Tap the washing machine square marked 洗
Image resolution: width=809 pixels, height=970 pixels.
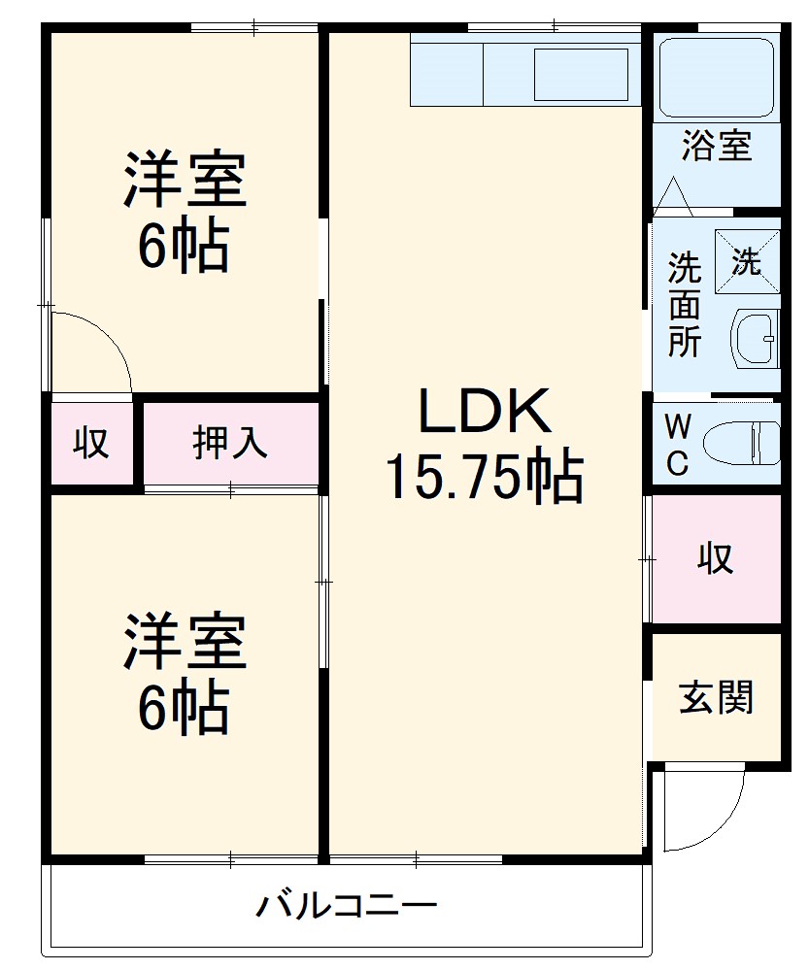coord(747,260)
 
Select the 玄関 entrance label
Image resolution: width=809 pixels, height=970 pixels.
coord(716,697)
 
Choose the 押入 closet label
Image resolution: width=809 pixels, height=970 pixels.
coord(229,443)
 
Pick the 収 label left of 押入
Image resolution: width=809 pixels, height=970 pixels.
coord(91,443)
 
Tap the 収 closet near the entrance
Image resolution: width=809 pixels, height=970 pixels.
coord(716,558)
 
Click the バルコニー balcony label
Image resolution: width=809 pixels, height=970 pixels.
coord(347,907)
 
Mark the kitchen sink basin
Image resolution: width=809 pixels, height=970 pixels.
coord(581,74)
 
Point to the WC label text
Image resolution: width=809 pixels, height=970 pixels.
coord(677,445)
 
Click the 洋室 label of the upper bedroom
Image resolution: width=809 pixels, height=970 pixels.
coord(185,180)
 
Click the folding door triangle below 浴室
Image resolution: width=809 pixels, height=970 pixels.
coord(672,197)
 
